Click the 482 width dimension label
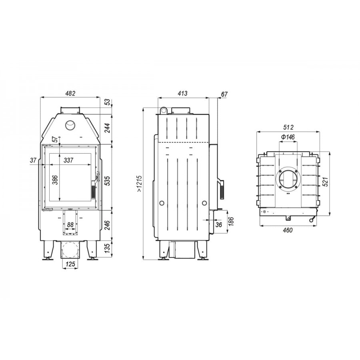[x=70, y=94]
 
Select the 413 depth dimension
[x=182, y=94]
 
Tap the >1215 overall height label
[x=139, y=184]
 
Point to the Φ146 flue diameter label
[x=288, y=137]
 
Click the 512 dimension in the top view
[x=288, y=127]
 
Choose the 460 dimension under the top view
[x=288, y=230]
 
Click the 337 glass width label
[x=68, y=160]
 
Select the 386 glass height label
[x=55, y=180]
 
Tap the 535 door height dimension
[x=107, y=181]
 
